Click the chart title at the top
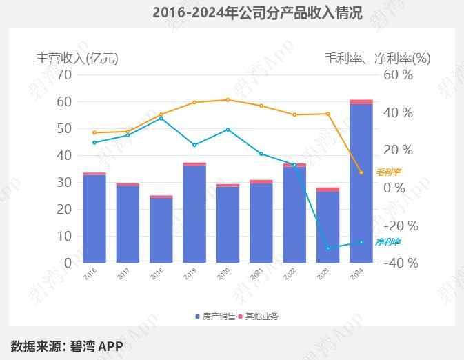click(257, 12)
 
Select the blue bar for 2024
click(361, 183)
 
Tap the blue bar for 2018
click(161, 230)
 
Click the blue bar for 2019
click(194, 214)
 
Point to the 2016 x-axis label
click(90, 274)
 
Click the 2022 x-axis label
click(290, 274)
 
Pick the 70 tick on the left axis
click(63, 74)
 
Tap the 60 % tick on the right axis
click(398, 74)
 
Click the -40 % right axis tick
click(398, 263)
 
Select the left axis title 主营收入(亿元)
click(77, 59)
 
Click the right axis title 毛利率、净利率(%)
click(377, 59)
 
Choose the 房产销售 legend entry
click(215, 317)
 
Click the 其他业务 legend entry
click(261, 317)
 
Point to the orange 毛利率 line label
click(387, 172)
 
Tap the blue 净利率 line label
click(387, 242)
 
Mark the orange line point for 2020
click(228, 99)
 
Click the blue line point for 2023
click(327, 248)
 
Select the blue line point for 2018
click(161, 118)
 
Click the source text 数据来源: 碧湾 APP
click(66, 346)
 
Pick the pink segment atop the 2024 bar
click(361, 101)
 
